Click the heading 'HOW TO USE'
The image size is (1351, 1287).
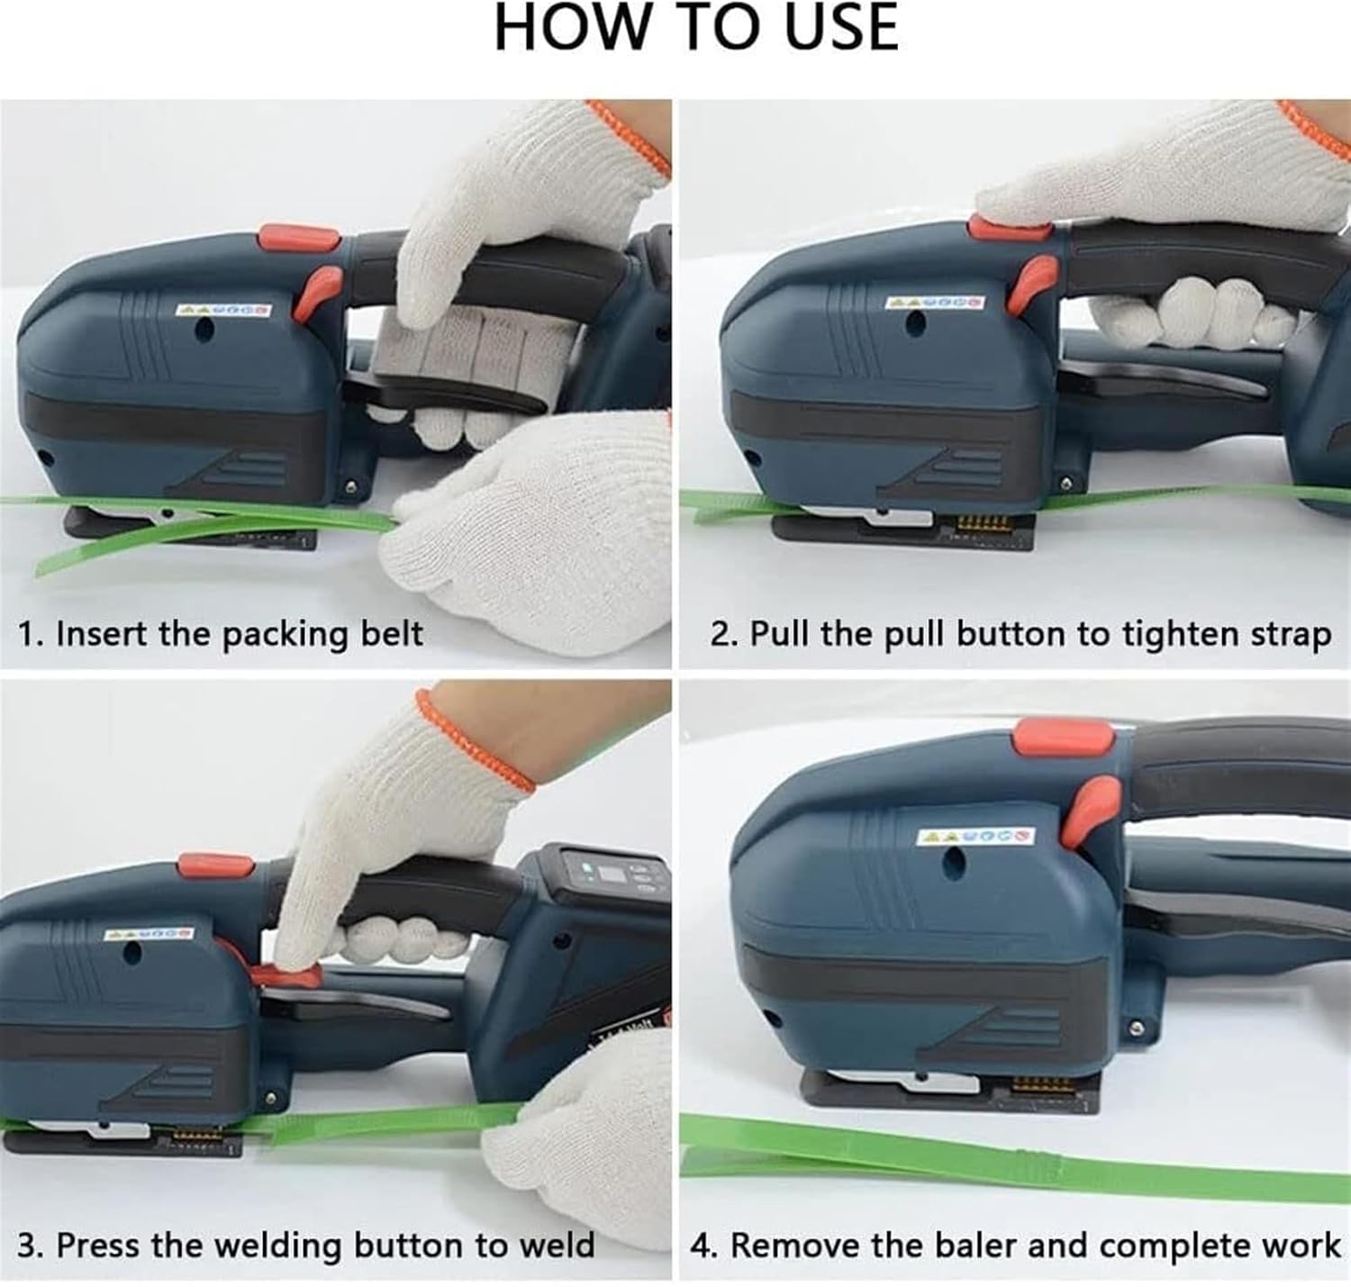696,27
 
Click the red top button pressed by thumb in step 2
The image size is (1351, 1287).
1009,227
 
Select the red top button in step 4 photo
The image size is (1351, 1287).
1063,738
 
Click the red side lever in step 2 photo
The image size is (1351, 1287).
1032,281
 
